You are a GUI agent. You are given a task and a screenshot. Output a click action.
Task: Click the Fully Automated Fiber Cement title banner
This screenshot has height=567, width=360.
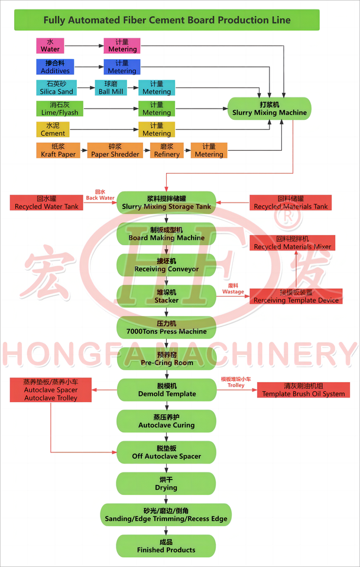(x=167, y=20)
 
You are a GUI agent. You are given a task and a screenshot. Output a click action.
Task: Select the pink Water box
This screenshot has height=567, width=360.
(x=50, y=45)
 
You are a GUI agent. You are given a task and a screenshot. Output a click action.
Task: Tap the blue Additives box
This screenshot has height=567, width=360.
(x=55, y=67)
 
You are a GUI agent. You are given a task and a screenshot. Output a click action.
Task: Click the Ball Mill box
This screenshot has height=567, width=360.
(x=111, y=88)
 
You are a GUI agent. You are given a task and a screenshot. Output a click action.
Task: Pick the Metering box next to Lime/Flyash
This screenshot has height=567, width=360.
(x=157, y=109)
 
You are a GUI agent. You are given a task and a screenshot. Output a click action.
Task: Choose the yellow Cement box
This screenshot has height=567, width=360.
(x=53, y=129)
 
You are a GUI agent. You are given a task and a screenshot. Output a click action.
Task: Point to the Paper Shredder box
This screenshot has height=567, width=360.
(x=115, y=151)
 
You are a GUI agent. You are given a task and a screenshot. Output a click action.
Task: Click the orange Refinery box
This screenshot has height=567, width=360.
(x=167, y=151)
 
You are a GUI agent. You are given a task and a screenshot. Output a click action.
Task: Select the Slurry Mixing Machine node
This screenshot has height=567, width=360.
(x=270, y=109)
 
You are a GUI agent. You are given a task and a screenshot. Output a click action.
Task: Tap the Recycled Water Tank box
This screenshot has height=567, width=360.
(x=46, y=203)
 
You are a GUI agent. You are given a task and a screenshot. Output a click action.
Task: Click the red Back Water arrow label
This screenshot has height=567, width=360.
(x=100, y=195)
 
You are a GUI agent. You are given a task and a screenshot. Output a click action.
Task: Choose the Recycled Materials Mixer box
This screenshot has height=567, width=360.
(x=292, y=242)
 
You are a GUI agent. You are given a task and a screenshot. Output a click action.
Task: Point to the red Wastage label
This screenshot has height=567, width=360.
(x=233, y=288)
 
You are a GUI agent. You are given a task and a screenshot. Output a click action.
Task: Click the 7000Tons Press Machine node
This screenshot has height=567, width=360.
(x=166, y=327)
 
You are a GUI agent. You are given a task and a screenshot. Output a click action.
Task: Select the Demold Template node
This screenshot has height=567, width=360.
(x=166, y=390)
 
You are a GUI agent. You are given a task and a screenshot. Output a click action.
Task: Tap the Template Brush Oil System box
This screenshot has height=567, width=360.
(x=303, y=390)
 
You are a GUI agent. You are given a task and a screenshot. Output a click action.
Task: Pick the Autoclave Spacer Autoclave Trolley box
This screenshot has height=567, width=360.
(x=50, y=390)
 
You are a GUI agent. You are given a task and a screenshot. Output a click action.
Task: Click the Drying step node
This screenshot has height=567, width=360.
(x=166, y=484)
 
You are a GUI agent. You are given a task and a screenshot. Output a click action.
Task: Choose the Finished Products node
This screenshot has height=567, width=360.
(x=166, y=546)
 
